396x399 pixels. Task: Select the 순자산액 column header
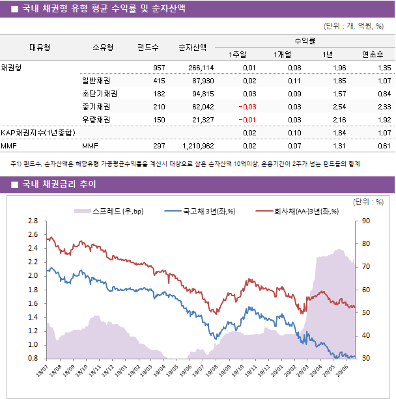pyautogui.click(x=193, y=48)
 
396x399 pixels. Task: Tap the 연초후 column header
pyautogui.click(x=376, y=55)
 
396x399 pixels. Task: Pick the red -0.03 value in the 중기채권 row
pyautogui.click(x=247, y=107)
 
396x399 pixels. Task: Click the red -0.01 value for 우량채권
pyautogui.click(x=247, y=120)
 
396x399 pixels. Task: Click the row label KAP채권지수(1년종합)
pyautogui.click(x=36, y=133)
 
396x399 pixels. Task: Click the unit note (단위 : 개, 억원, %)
pyautogui.click(x=354, y=27)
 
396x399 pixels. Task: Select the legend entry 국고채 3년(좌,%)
pyautogui.click(x=208, y=211)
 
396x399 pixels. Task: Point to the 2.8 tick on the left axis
pyautogui.click(x=33, y=221)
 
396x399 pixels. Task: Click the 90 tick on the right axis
pyautogui.click(x=366, y=221)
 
